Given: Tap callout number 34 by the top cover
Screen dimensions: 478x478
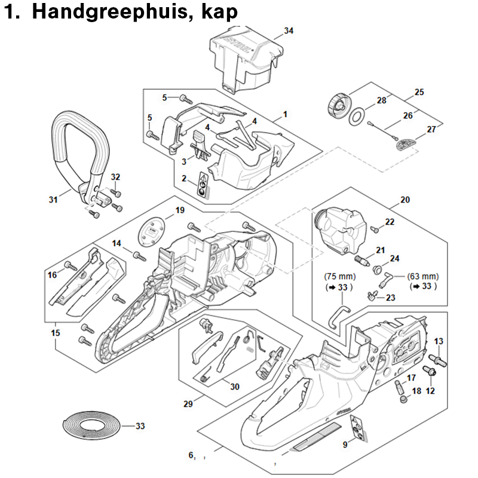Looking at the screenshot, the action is coord(289,31).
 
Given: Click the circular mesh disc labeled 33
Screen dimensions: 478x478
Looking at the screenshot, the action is coord(91,425).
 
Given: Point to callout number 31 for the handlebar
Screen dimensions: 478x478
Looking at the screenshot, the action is coord(53,200).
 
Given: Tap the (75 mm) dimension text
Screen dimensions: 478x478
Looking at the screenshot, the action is coord(339,277).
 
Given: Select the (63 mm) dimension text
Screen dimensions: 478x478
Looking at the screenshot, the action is coord(423,277).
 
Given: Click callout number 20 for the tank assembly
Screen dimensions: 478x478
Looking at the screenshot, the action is coord(405,200).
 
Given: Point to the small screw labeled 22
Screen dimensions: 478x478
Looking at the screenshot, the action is coord(375,229).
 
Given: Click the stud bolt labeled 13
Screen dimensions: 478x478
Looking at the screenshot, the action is coord(437,360).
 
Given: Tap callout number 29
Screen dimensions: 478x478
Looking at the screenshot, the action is coord(188,404).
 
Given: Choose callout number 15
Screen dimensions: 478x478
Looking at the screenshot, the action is coord(56,333).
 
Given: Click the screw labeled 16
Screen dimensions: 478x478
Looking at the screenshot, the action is coord(71,266).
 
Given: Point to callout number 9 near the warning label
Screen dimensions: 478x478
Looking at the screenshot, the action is coord(345,445).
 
